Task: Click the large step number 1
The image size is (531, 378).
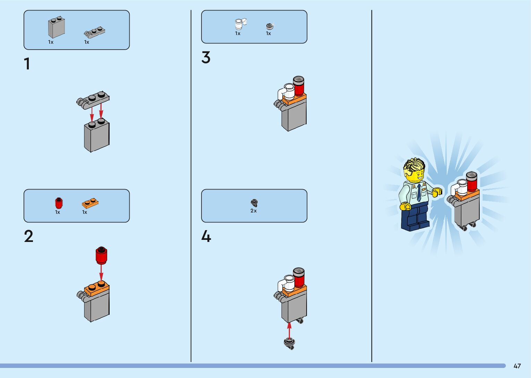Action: pyautogui.click(x=27, y=64)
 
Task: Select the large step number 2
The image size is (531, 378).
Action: pyautogui.click(x=29, y=236)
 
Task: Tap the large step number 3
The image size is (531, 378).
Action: pyautogui.click(x=206, y=58)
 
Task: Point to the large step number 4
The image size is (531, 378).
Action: pyautogui.click(x=206, y=237)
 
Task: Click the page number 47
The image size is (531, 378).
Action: pyautogui.click(x=517, y=366)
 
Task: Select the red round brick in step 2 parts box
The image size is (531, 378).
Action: pyautogui.click(x=59, y=203)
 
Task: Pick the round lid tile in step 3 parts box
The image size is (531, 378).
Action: pyautogui.click(x=269, y=26)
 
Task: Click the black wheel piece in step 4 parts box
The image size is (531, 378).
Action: pyautogui.click(x=254, y=202)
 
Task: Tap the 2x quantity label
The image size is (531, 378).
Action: pyautogui.click(x=254, y=211)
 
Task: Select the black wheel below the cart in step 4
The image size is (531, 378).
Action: pyautogui.click(x=290, y=343)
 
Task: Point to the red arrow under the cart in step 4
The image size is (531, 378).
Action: pyautogui.click(x=289, y=330)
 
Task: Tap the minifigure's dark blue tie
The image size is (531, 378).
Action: pyautogui.click(x=419, y=193)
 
